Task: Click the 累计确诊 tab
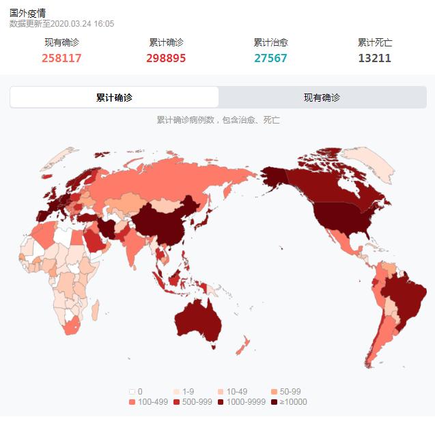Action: (114, 97)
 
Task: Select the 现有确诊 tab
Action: (322, 97)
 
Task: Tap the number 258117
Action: (61, 58)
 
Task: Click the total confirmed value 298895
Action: (166, 58)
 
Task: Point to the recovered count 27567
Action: (270, 58)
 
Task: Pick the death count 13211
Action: (375, 58)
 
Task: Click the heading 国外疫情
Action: (28, 13)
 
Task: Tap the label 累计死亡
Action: (375, 42)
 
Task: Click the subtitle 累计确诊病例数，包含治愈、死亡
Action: (218, 120)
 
